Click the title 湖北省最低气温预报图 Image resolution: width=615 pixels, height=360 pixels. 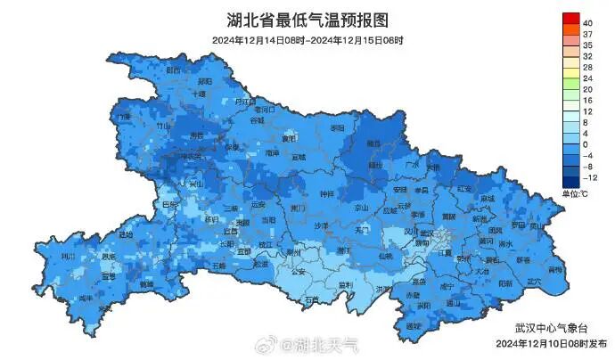point(307,20)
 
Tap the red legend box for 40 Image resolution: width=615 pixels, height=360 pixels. point(570,20)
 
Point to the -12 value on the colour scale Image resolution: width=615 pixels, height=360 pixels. point(588,178)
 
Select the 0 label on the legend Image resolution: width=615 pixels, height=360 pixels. point(586,144)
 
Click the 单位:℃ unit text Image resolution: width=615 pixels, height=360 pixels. point(574,193)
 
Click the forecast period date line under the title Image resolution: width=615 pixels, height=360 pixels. point(307,41)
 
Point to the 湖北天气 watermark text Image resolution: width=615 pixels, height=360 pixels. point(325,344)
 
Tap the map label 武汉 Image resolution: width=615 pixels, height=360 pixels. point(427,233)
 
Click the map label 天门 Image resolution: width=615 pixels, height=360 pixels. point(362,229)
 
